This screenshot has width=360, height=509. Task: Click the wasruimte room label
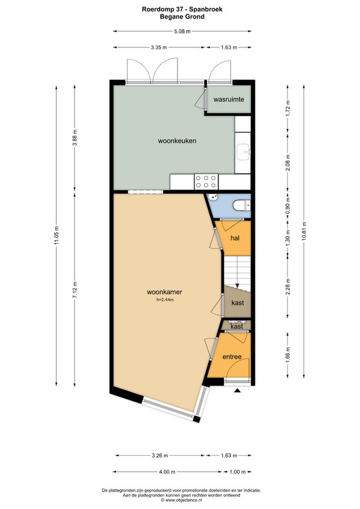point(229,99)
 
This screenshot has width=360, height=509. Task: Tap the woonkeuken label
point(177,141)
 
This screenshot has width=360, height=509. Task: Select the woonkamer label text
point(164,292)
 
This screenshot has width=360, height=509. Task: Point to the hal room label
point(235,238)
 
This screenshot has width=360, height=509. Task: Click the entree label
point(232,357)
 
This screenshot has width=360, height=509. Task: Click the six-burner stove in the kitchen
point(206,182)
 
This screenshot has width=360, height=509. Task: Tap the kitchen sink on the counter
point(244,152)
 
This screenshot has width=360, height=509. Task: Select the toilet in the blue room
point(242,205)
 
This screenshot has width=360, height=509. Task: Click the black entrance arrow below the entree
point(237,391)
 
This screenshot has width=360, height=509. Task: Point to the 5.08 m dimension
point(182,31)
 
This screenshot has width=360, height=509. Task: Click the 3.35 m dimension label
point(159,47)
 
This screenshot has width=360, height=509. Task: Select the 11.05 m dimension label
point(56,235)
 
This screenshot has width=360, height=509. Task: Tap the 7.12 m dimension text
point(74,290)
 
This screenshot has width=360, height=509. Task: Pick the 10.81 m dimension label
point(304,231)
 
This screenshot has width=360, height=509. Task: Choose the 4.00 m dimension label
point(167,472)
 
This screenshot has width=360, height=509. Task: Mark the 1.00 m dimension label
point(238,472)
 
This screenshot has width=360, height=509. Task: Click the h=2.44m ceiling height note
point(165,300)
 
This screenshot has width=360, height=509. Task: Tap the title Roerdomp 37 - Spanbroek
point(182,10)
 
